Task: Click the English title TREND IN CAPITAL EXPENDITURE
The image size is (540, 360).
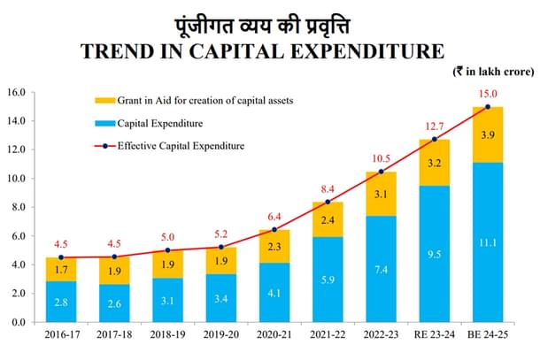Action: click(270, 51)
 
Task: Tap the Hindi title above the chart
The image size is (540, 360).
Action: click(270, 20)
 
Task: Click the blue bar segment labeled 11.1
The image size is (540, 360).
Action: click(487, 242)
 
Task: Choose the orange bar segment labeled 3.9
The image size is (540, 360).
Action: click(487, 134)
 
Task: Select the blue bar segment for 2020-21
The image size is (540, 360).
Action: click(275, 292)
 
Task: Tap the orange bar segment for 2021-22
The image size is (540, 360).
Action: click(328, 219)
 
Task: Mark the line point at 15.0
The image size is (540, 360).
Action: click(487, 107)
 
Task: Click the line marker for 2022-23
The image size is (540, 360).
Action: click(382, 172)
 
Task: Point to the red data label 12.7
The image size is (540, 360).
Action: click(434, 125)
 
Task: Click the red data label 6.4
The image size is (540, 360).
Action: click(275, 215)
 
